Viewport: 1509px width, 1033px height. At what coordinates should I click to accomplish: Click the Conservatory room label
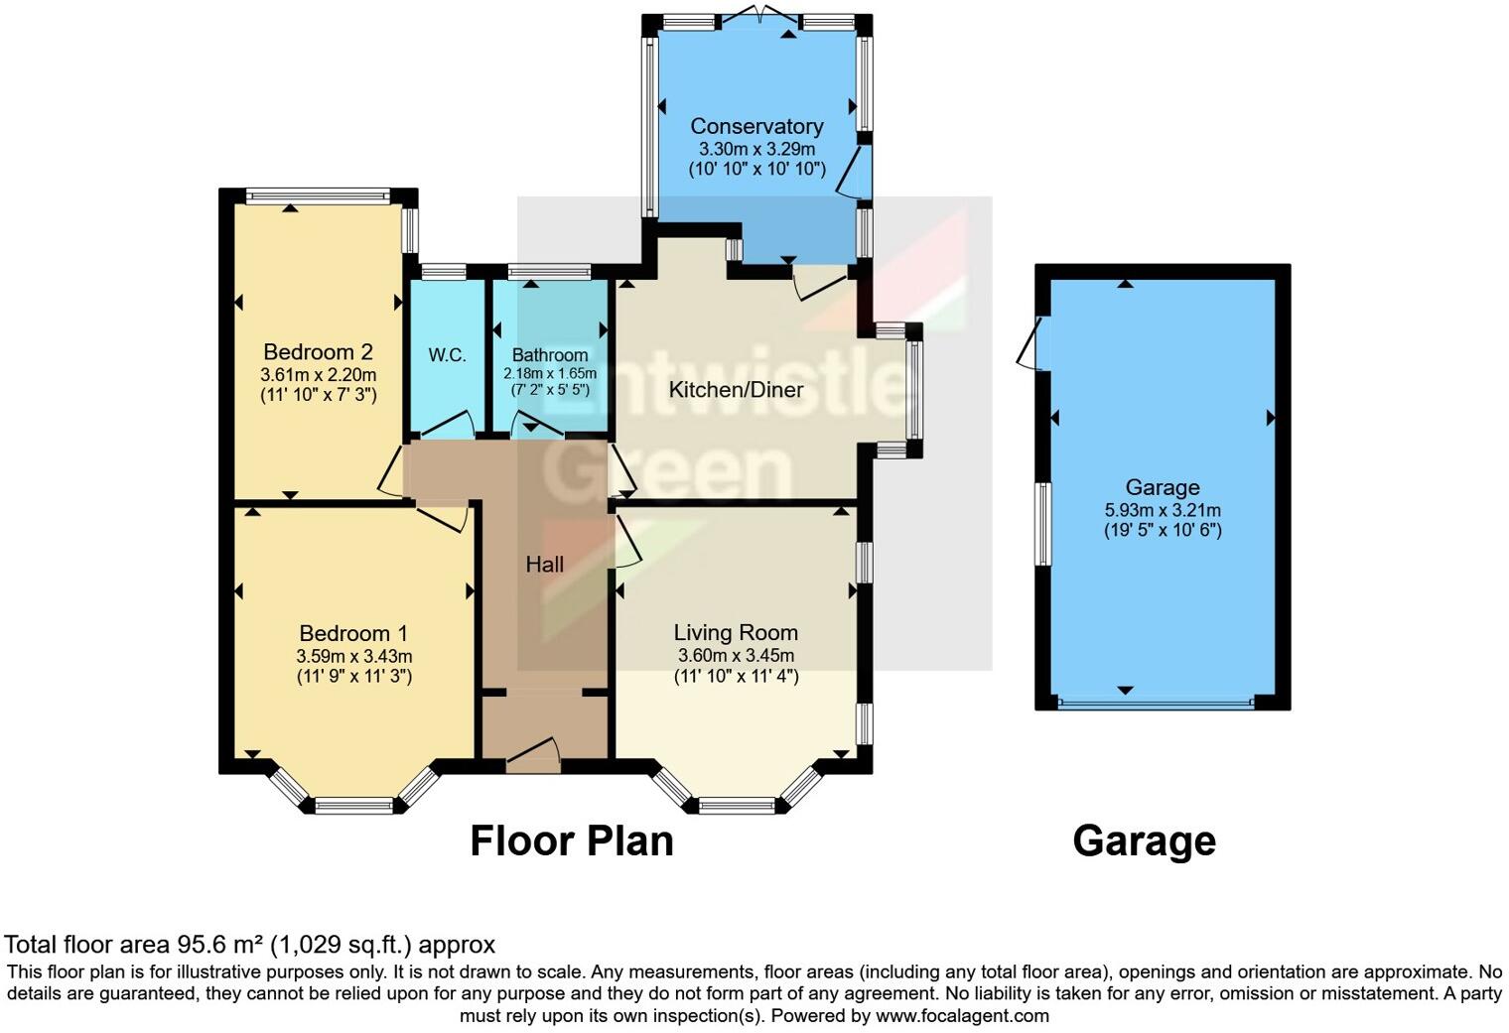[x=756, y=126]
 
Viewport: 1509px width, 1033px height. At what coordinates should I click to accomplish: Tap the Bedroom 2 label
[x=318, y=352]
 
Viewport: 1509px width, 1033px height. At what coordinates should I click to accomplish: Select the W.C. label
[x=447, y=355]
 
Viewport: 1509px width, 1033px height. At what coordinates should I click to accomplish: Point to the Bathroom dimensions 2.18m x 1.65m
[x=550, y=373]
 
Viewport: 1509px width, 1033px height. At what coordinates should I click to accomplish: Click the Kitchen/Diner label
[x=736, y=389]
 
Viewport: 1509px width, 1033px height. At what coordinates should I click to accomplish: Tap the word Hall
[x=544, y=565]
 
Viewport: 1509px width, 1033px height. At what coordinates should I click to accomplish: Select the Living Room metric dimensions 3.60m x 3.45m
[x=736, y=656]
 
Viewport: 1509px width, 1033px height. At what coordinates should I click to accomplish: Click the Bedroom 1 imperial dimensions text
[x=353, y=677]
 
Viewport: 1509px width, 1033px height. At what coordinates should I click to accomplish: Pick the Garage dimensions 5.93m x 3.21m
[x=1163, y=510]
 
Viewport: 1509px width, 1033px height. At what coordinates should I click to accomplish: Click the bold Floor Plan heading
[x=571, y=840]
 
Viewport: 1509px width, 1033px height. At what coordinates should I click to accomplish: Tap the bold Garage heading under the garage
[x=1144, y=840]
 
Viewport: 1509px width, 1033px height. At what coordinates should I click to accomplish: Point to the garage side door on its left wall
[x=1030, y=343]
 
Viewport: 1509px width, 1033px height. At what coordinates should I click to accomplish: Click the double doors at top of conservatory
[x=758, y=17]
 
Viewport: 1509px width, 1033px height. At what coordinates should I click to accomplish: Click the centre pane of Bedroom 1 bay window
[x=353, y=806]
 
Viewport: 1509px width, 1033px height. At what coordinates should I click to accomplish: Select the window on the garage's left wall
[x=1042, y=524]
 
